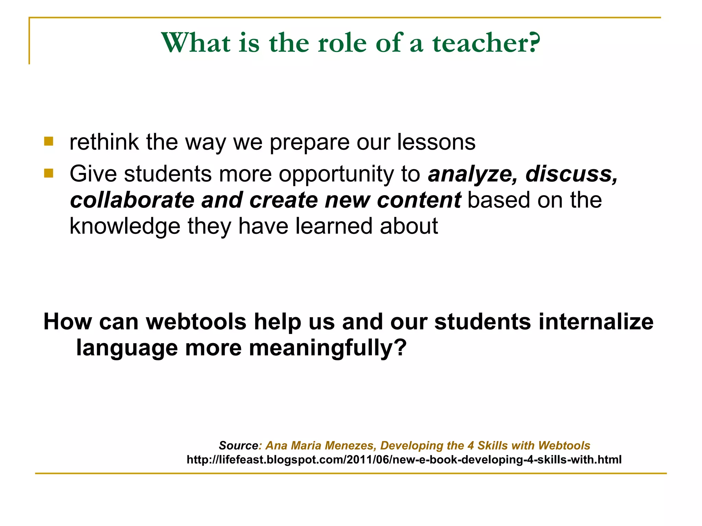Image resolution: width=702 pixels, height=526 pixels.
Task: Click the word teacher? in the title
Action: tap(486, 43)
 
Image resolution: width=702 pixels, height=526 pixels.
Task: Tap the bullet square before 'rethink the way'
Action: tap(49, 141)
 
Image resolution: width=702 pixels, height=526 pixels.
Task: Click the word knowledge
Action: tap(125, 227)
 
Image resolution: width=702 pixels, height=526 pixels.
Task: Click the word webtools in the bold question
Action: tap(196, 322)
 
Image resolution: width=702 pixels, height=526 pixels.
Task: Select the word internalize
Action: tap(596, 322)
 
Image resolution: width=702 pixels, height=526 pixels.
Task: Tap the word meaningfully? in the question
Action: tap(327, 348)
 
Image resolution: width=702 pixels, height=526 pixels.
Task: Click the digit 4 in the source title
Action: tap(471, 446)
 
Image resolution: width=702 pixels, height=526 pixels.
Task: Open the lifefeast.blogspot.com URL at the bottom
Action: tap(404, 460)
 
